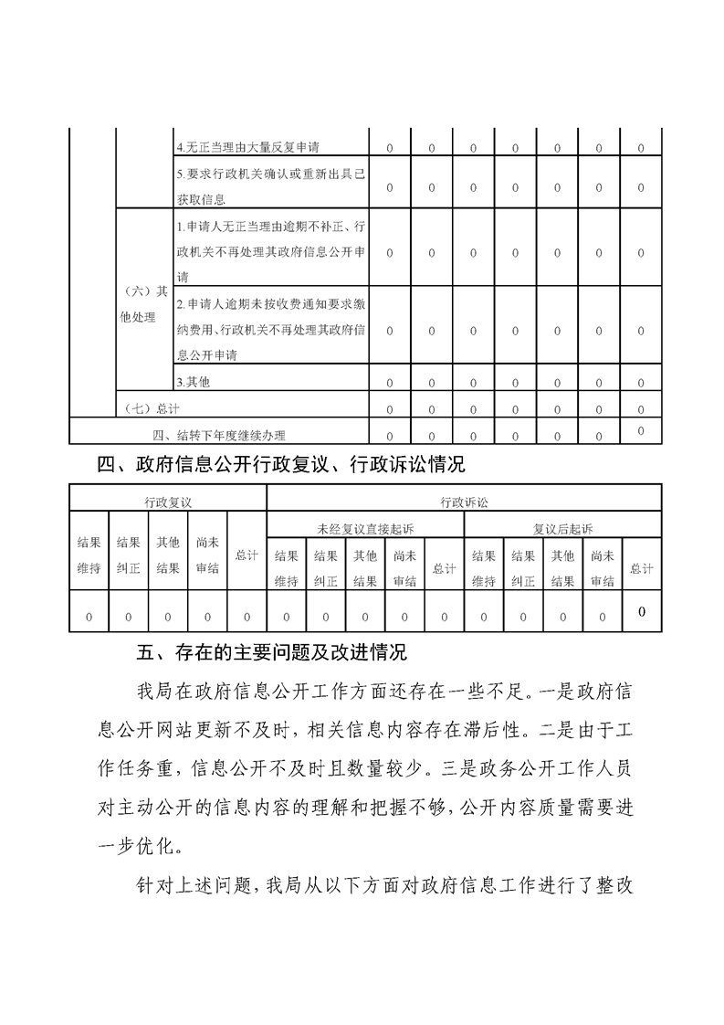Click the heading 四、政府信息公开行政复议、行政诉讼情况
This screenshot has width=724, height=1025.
pos(281,465)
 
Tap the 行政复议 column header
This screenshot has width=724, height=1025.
pos(168,502)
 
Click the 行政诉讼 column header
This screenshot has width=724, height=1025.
pos(464,502)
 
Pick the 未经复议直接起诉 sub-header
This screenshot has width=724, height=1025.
pos(364,528)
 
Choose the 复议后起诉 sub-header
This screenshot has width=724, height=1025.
pos(562,528)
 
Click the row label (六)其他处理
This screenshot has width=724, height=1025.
pos(143,304)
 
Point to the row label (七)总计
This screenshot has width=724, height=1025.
pos(151,407)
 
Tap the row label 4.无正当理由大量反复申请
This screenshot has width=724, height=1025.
pos(247,146)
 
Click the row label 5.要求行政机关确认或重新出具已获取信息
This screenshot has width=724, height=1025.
pos(270,186)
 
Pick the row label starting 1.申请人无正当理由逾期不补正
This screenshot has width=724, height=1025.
pos(270,251)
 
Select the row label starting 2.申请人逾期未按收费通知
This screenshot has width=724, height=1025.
pos(270,329)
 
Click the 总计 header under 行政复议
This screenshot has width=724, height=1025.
pos(247,555)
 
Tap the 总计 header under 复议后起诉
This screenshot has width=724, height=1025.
pos(642,568)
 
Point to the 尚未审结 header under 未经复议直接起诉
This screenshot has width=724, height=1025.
pos(404,568)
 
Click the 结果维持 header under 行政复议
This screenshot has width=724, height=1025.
pos(89,555)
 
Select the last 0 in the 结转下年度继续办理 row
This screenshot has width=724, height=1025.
pos(641,430)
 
